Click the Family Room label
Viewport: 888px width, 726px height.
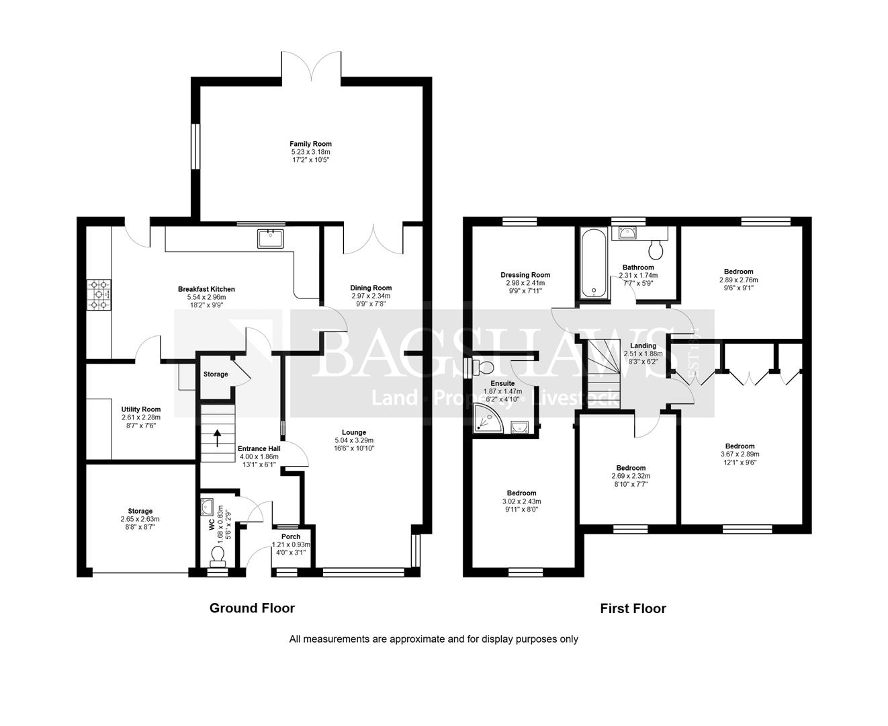[x=310, y=144]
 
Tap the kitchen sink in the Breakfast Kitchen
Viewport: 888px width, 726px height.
[x=270, y=239]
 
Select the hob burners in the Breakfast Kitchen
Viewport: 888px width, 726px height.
[x=99, y=294]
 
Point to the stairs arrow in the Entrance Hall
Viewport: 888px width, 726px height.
[x=217, y=438]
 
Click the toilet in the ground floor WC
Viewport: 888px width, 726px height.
[x=218, y=555]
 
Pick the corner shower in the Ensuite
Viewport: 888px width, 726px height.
[x=488, y=418]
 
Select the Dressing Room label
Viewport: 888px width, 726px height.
[x=525, y=275]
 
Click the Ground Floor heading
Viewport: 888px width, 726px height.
[x=252, y=608]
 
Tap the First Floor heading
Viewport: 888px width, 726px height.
[x=633, y=608]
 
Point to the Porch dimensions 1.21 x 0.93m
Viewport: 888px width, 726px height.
[x=291, y=544]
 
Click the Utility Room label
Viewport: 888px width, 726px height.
[x=141, y=409]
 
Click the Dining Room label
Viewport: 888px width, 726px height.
[x=371, y=288]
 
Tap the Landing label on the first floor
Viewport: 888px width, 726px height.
[x=643, y=346]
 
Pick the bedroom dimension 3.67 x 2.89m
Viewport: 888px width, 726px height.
[x=740, y=454]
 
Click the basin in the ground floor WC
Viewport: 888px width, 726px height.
[x=207, y=506]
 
